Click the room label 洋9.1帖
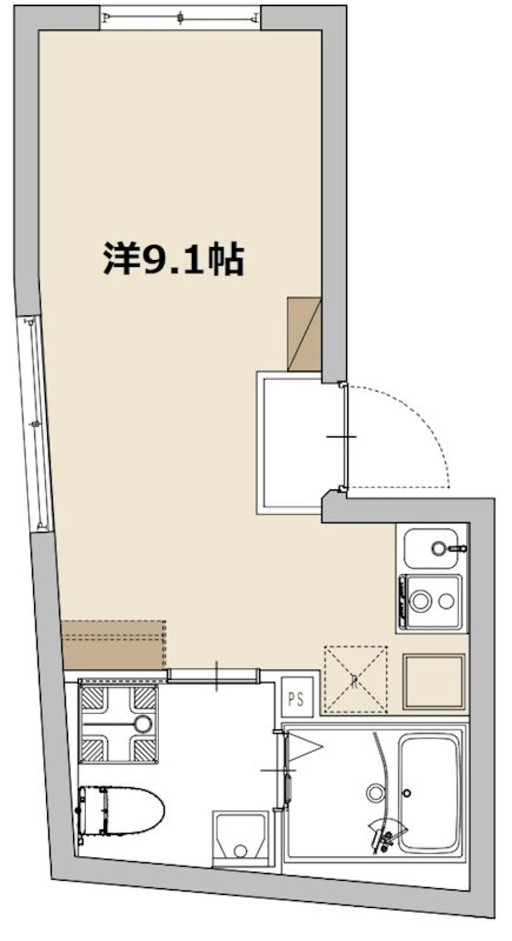click(173, 259)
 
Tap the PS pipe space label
click(296, 699)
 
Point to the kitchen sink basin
click(430, 548)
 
